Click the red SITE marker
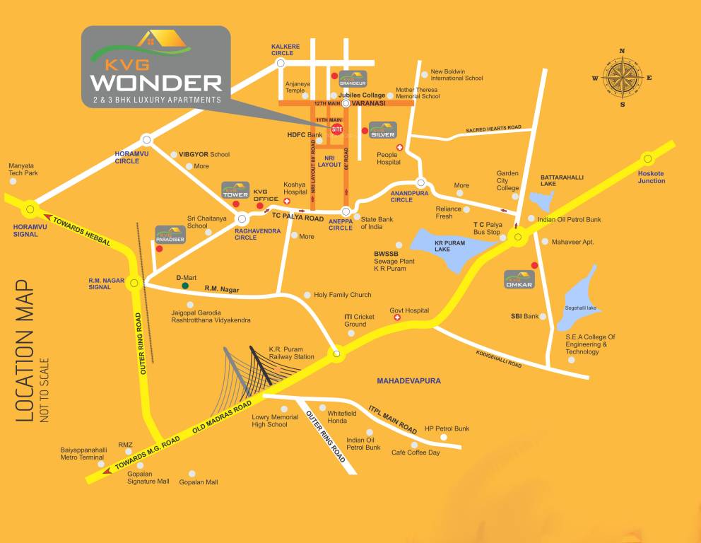click(337, 129)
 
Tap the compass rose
click(622, 78)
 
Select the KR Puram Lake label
click(442, 245)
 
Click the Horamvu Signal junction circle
click(30, 209)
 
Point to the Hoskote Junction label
click(651, 177)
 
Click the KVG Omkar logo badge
click(518, 279)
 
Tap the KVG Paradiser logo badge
click(170, 235)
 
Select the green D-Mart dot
click(185, 286)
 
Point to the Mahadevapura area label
click(408, 380)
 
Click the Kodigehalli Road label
click(499, 358)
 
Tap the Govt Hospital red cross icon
click(397, 318)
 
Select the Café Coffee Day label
click(416, 452)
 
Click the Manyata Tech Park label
click(23, 169)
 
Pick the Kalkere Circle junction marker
click(281, 63)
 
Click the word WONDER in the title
click(156, 82)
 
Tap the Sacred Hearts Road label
click(493, 129)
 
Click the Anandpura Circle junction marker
click(420, 182)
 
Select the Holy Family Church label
click(343, 295)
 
